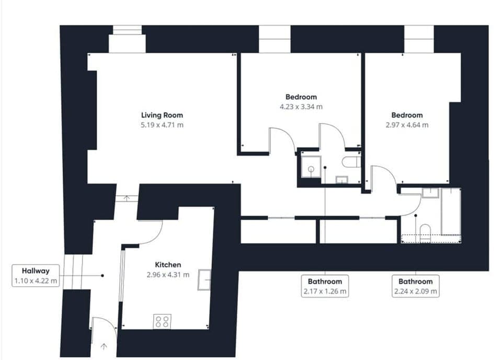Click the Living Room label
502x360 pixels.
click(162, 115)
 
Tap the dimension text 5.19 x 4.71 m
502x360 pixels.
click(162, 125)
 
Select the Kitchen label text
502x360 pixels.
click(168, 265)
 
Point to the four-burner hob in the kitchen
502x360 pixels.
click(162, 321)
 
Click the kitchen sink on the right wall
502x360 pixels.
click(203, 280)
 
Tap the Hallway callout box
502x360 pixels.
click(36, 276)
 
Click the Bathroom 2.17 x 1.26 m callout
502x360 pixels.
click(325, 286)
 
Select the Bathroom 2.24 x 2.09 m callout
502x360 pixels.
click(416, 286)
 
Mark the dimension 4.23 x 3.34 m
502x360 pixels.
click(301, 107)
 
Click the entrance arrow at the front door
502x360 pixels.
click(104, 345)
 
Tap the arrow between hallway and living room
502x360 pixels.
click(127, 198)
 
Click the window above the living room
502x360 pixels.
click(127, 42)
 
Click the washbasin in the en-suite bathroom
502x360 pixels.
click(341, 179)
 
